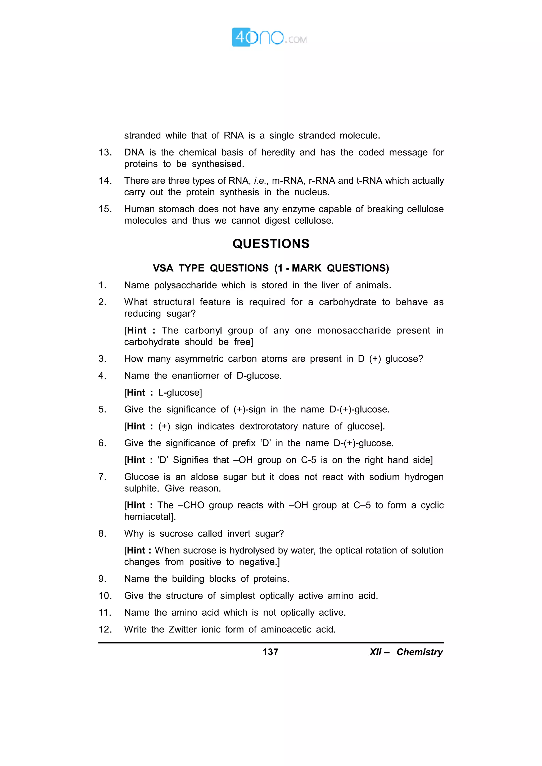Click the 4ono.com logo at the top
click(x=269, y=37)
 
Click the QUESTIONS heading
click(x=271, y=243)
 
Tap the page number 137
click(x=270, y=652)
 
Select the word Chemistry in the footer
click(x=419, y=652)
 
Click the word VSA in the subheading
click(x=163, y=268)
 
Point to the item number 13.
click(x=105, y=153)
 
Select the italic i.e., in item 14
click(x=261, y=181)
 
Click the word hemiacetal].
click(x=150, y=517)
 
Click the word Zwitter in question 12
click(x=182, y=629)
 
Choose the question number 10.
click(x=105, y=596)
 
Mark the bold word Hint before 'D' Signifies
click(x=136, y=460)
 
